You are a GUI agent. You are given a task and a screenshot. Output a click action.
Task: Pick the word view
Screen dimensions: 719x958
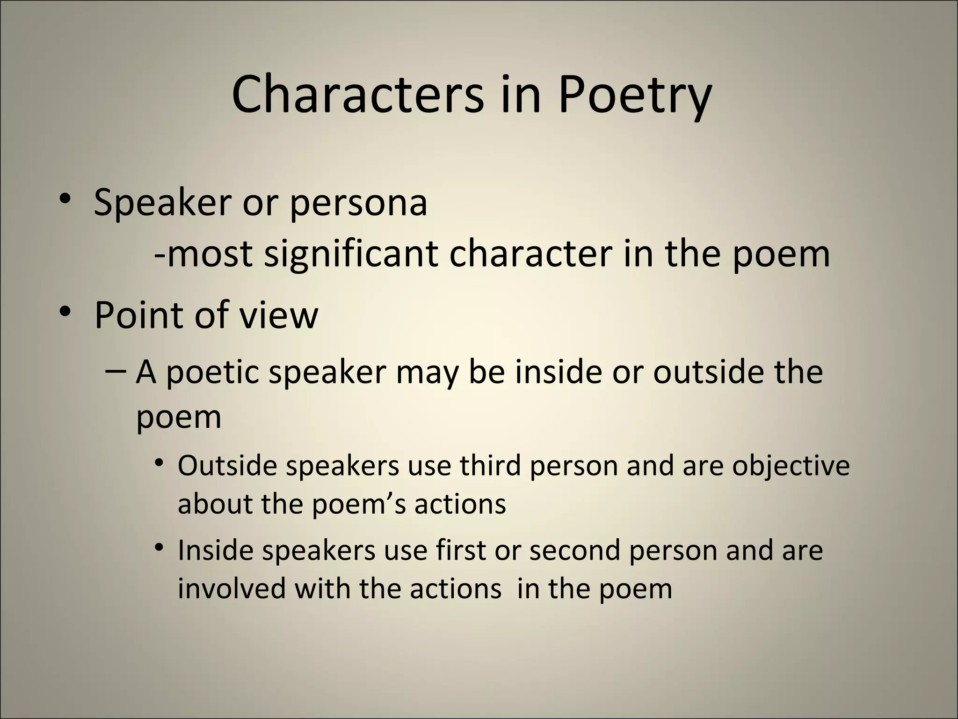click(279, 315)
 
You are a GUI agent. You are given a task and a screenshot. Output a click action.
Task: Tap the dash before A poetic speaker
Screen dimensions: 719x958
click(116, 371)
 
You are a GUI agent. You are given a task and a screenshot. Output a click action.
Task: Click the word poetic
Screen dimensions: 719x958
click(212, 373)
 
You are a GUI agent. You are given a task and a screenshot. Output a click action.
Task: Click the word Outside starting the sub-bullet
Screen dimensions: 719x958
click(227, 466)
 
